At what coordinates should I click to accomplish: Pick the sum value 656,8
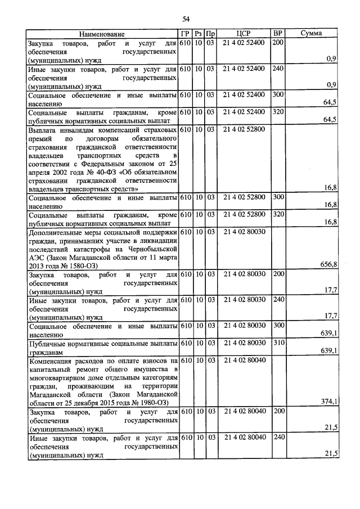click(328, 264)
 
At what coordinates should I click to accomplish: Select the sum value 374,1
click(328, 401)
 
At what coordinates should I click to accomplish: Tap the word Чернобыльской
click(152, 248)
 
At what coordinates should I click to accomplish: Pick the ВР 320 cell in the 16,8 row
click(278, 214)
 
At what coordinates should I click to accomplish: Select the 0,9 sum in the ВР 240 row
click(331, 85)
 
